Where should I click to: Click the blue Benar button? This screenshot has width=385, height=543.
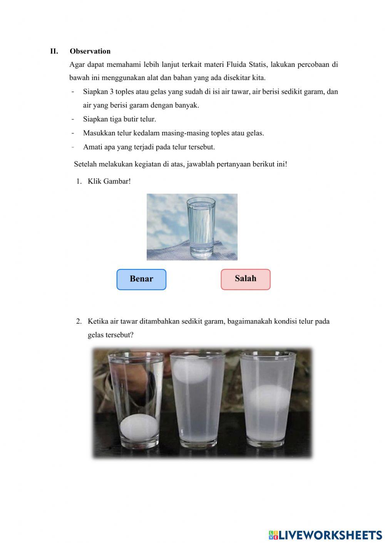click(x=141, y=279)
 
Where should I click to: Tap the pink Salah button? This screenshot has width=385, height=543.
click(x=246, y=279)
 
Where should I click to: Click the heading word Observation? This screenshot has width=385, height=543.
click(x=90, y=51)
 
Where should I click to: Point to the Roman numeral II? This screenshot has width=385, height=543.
click(x=54, y=51)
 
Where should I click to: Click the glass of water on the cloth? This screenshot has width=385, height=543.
click(x=201, y=227)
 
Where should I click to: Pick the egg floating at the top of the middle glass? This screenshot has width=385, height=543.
click(x=192, y=369)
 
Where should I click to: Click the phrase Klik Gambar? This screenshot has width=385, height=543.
click(x=109, y=181)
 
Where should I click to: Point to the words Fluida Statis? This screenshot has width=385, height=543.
click(x=246, y=65)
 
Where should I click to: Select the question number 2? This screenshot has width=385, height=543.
click(x=79, y=321)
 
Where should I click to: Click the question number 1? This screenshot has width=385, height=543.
click(x=79, y=181)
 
